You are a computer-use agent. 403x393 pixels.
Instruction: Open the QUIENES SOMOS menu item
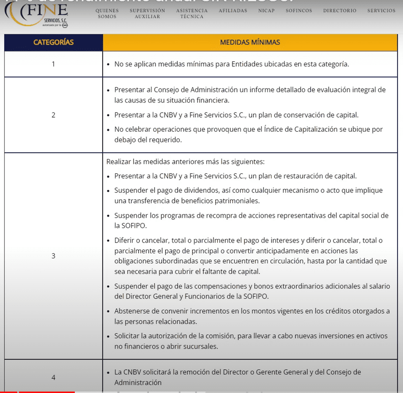coord(107,14)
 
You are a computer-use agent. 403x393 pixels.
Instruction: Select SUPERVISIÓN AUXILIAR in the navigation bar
coord(147,14)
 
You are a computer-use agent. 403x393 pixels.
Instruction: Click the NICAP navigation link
coord(266,10)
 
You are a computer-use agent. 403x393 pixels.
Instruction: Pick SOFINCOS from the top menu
coord(299,10)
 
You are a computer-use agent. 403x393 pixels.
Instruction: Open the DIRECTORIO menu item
coord(340,10)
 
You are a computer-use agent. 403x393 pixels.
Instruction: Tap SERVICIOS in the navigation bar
coord(382,10)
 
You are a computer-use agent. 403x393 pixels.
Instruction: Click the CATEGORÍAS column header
coord(53,42)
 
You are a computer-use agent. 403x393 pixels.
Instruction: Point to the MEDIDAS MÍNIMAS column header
coord(250,42)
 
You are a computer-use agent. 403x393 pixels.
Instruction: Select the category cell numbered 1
coord(53,64)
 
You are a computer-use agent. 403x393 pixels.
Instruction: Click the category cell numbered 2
coord(53,115)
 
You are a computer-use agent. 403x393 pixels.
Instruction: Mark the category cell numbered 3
coord(53,256)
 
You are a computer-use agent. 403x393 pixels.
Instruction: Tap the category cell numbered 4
coord(53,377)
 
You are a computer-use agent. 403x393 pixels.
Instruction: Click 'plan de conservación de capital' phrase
coord(310,115)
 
